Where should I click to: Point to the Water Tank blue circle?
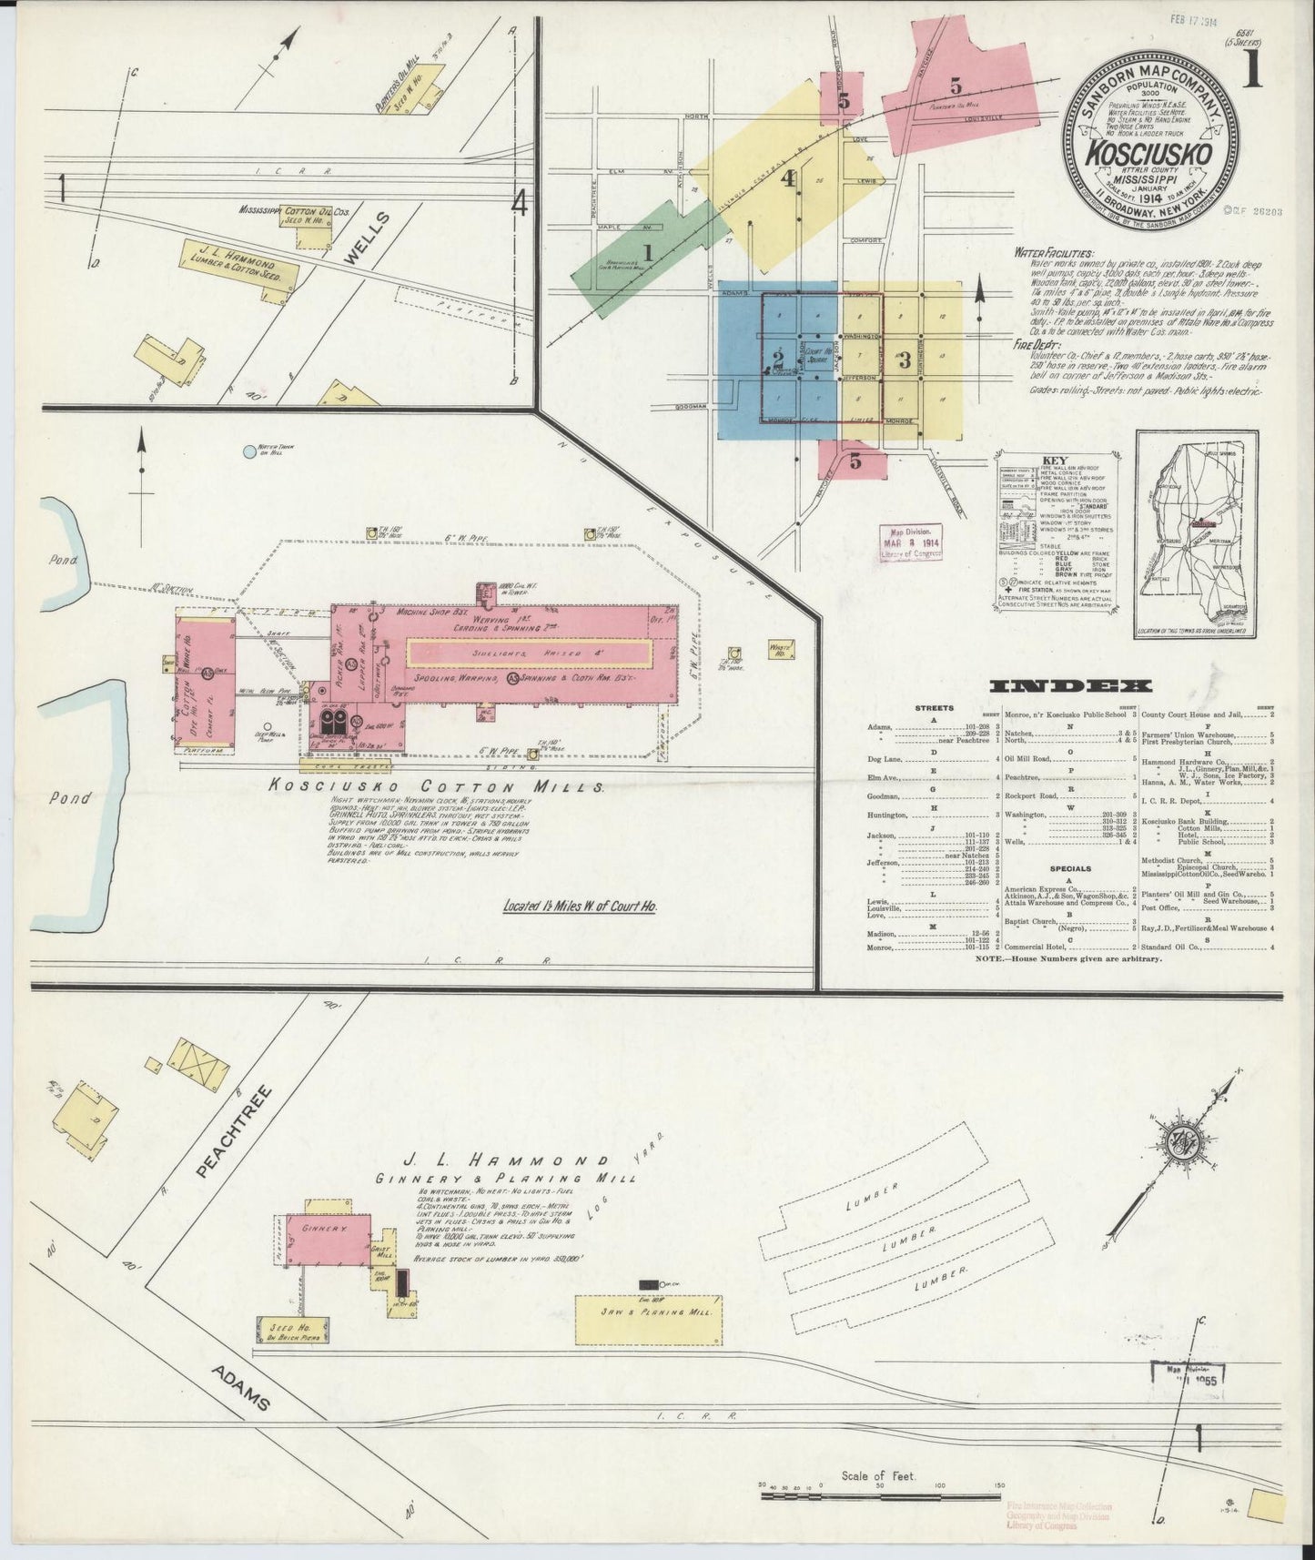coord(250,450)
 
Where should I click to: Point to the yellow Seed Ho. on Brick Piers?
coord(293,1330)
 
